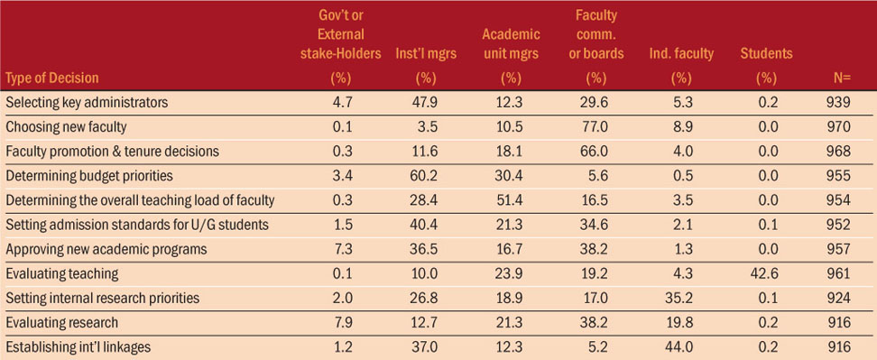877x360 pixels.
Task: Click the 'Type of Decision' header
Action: pos(52,78)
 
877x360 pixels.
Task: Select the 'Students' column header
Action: pos(766,53)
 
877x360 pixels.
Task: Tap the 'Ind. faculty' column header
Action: pos(681,53)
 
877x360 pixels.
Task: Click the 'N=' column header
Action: pos(842,78)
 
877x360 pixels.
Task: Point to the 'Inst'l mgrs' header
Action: pos(426,53)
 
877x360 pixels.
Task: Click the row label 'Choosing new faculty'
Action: pos(66,127)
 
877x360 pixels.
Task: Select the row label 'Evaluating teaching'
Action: pos(62,273)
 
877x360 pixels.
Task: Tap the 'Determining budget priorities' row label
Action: pos(89,176)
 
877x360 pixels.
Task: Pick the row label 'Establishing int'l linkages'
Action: pos(78,346)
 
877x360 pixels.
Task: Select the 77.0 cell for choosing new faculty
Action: pos(595,127)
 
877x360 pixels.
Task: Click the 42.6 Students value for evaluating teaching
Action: pos(766,273)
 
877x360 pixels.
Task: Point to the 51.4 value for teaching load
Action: pos(512,200)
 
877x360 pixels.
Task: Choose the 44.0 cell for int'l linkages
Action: pos(681,346)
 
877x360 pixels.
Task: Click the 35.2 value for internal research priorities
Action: pos(681,298)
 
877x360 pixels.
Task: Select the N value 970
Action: pos(841,127)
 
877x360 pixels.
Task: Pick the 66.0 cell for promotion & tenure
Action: pos(595,152)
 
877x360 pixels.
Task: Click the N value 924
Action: pos(841,298)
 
